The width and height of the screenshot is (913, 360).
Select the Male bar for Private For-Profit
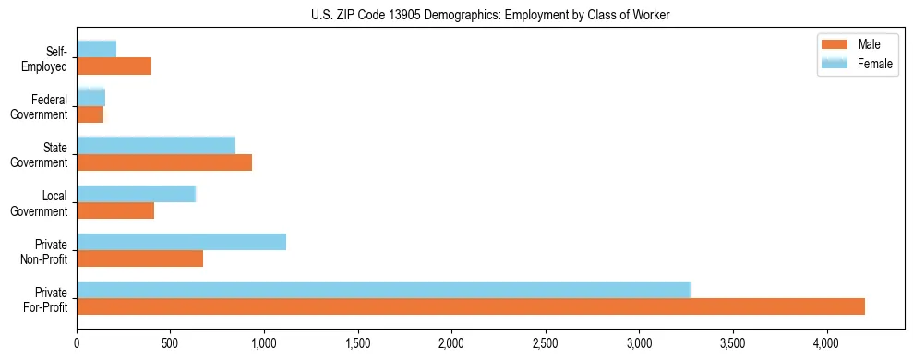pyautogui.click(x=471, y=306)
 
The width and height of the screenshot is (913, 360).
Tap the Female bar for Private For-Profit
pyautogui.click(x=383, y=290)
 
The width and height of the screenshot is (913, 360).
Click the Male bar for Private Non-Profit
pyautogui.click(x=139, y=258)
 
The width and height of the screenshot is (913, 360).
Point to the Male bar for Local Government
pyautogui.click(x=115, y=210)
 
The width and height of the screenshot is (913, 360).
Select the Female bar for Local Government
pyautogui.click(x=136, y=194)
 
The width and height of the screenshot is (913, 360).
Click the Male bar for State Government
pyautogui.click(x=164, y=162)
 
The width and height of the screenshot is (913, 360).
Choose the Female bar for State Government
pyautogui.click(x=156, y=145)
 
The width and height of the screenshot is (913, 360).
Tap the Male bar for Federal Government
pyautogui.click(x=90, y=114)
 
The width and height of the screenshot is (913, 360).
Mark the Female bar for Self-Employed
pyautogui.click(x=97, y=49)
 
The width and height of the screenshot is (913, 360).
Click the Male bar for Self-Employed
pyautogui.click(x=114, y=66)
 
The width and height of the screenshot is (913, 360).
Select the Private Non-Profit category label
pyautogui.click(x=45, y=251)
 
